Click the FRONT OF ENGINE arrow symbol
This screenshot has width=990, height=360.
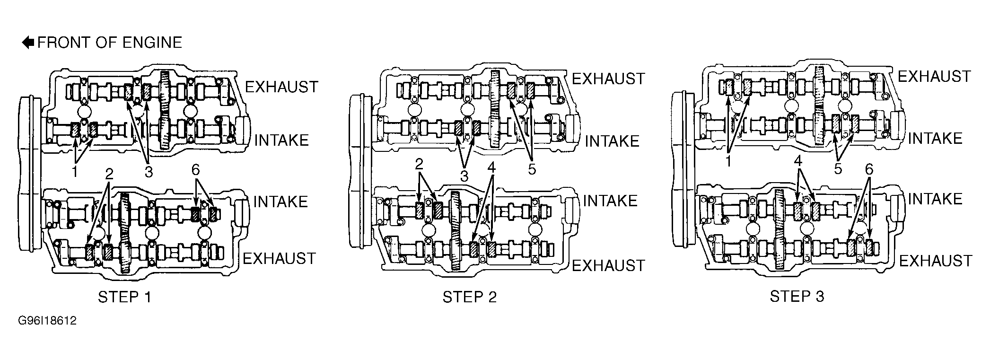click(x=28, y=43)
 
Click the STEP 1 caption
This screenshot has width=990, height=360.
click(x=125, y=297)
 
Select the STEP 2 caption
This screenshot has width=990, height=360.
click(x=470, y=297)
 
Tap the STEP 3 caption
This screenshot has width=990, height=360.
click(x=797, y=296)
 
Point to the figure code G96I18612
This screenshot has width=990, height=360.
click(x=47, y=321)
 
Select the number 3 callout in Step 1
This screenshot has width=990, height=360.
click(x=149, y=172)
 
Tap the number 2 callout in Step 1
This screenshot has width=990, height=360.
click(x=109, y=174)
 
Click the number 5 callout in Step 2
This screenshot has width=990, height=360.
click(x=532, y=169)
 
